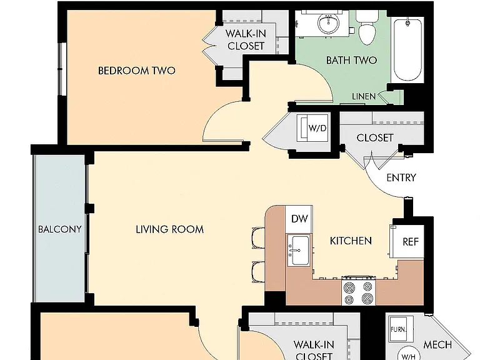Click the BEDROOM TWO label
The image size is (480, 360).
click(136, 71)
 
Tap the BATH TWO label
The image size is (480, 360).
click(351, 60)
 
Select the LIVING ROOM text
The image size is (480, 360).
click(169, 229)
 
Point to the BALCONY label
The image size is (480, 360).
click(60, 229)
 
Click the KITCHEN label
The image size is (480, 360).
click(351, 241)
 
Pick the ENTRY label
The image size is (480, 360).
click(401, 177)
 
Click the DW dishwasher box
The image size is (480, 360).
click(299, 219)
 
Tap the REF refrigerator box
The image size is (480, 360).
click(407, 241)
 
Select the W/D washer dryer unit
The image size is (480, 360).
click(313, 128)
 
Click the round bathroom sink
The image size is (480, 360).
click(329, 24)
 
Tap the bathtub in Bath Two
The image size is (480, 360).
click(407, 49)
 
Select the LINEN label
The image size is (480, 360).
click(364, 96)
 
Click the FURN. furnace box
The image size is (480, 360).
click(399, 329)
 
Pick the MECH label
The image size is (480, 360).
click(437, 345)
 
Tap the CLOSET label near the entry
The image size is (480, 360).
click(375, 137)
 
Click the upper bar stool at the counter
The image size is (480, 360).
click(259, 238)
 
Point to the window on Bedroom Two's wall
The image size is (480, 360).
click(62, 69)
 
